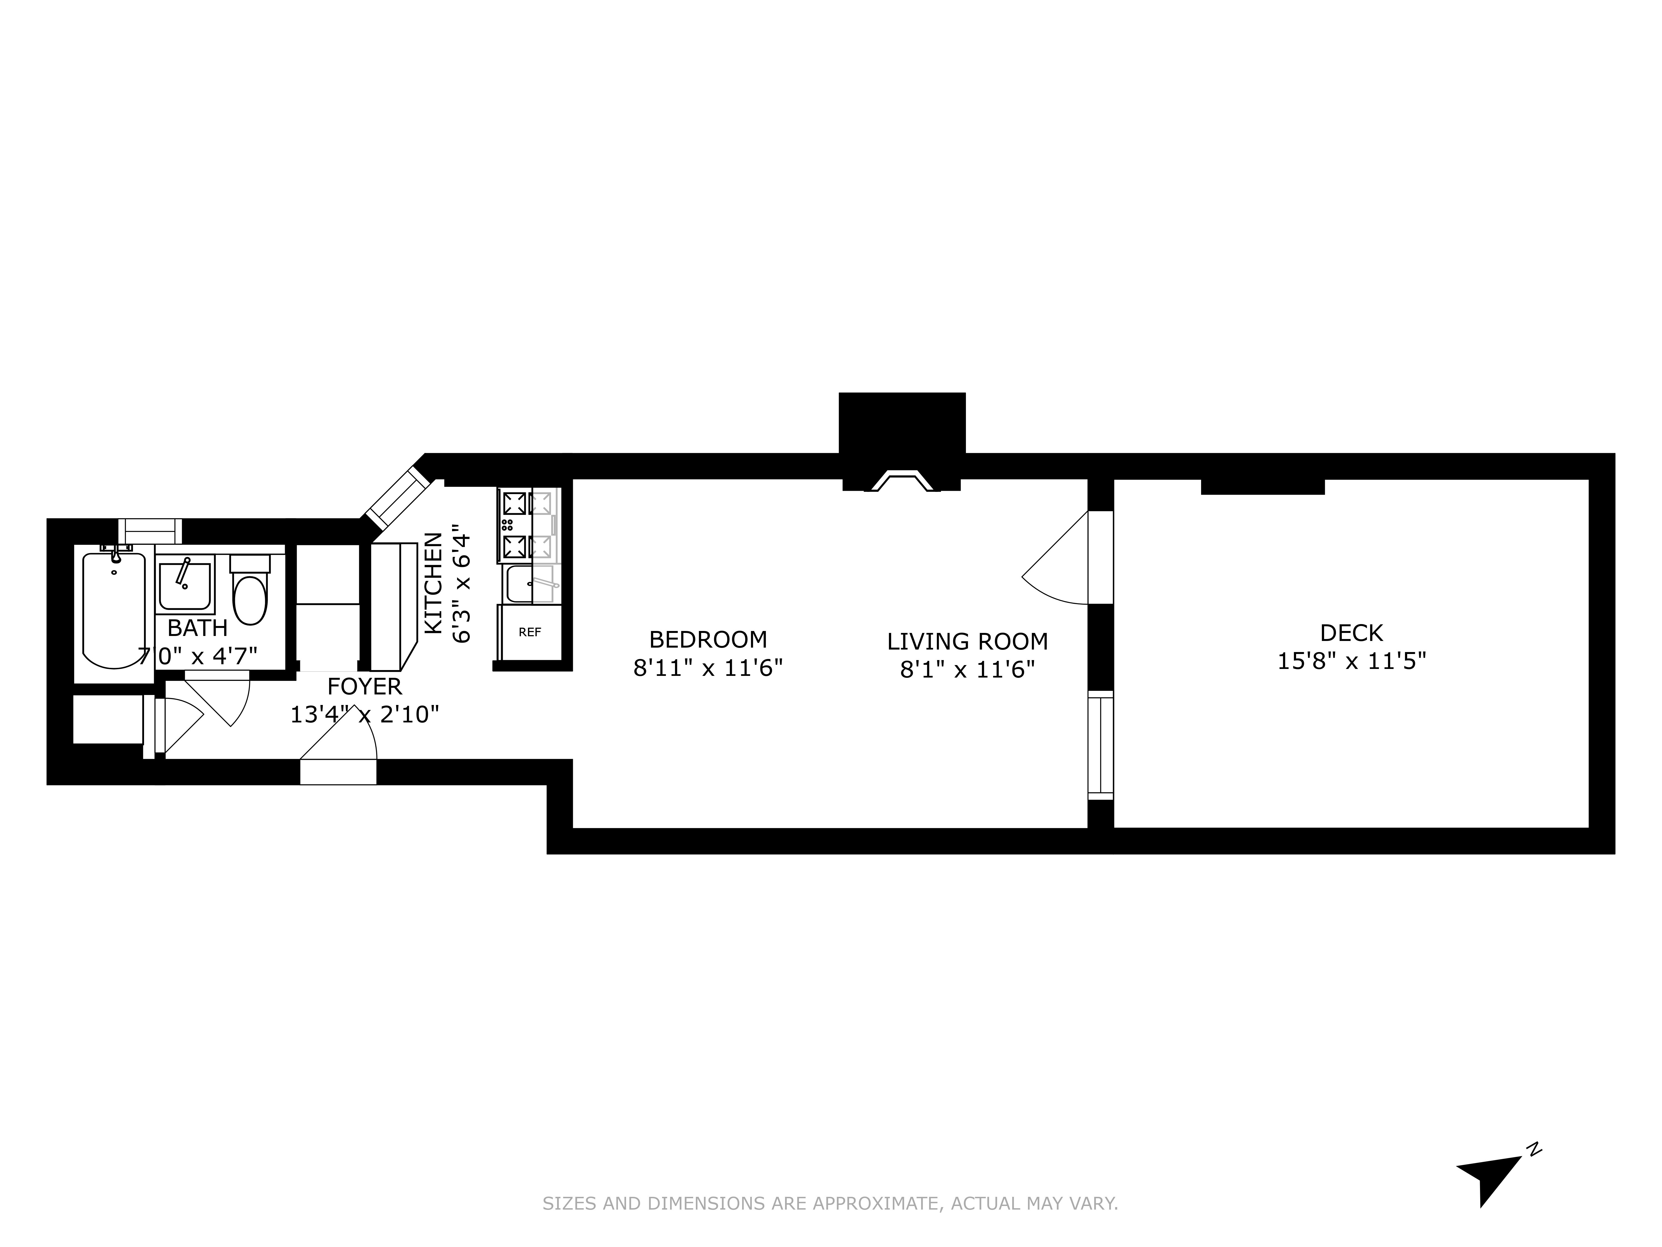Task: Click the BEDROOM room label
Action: pyautogui.click(x=708, y=640)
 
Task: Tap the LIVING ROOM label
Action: pyautogui.click(x=967, y=642)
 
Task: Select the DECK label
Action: pyautogui.click(x=1351, y=633)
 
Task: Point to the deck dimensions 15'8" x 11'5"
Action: pyautogui.click(x=1351, y=661)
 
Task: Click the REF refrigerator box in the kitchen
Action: pyautogui.click(x=530, y=632)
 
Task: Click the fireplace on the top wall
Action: pyautogui.click(x=902, y=481)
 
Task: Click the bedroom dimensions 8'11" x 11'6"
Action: pyautogui.click(x=708, y=668)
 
